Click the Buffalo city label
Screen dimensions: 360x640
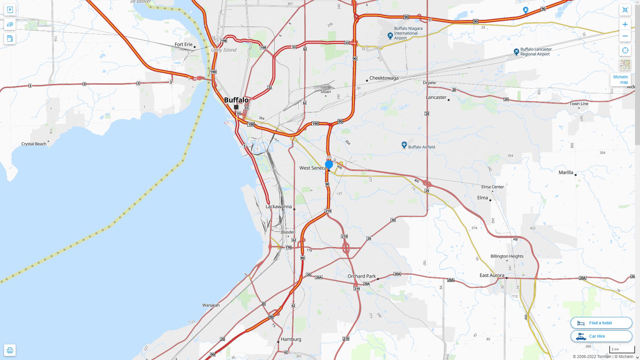(236, 100)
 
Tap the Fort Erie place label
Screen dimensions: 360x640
(184, 44)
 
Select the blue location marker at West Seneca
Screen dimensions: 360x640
(329, 164)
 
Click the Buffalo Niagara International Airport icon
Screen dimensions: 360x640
(390, 35)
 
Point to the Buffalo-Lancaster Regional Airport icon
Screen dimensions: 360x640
(516, 52)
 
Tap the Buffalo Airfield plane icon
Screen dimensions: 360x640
(404, 145)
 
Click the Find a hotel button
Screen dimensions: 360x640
(601, 323)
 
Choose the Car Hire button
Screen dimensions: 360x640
(601, 336)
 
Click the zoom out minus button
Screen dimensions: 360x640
(625, 36)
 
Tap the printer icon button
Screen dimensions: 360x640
(10, 350)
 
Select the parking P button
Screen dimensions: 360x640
(10, 10)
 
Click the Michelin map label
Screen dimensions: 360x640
(620, 80)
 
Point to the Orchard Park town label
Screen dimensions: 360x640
(361, 276)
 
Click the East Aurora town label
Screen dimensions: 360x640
(492, 275)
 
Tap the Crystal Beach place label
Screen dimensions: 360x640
(34, 144)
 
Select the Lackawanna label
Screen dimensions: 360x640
(278, 207)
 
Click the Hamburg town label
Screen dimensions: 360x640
(291, 339)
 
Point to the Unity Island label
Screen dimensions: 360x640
(224, 50)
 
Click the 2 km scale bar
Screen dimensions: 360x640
(622, 350)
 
